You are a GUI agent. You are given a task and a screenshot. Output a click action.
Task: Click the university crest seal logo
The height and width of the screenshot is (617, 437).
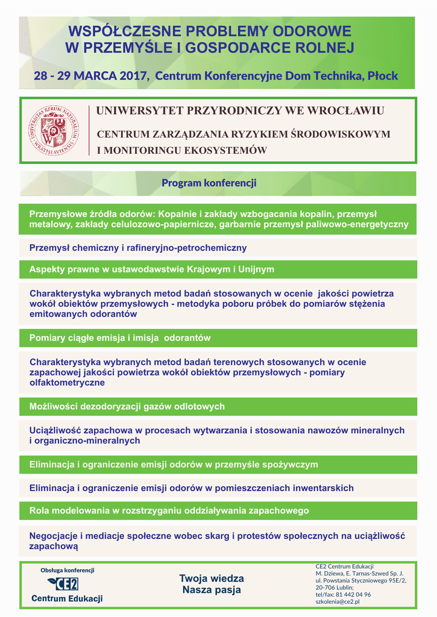click(x=55, y=130)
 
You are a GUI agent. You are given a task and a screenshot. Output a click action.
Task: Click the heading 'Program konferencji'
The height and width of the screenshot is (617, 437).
click(x=209, y=183)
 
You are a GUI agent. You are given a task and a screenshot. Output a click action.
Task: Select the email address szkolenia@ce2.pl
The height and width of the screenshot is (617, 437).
click(x=338, y=601)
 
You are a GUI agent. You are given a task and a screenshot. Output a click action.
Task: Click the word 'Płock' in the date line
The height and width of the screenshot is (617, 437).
click(x=383, y=77)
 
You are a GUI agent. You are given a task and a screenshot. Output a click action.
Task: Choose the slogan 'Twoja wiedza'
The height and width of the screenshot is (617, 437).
click(x=212, y=578)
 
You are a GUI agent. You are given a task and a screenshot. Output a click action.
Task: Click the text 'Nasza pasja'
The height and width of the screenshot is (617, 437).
click(x=212, y=590)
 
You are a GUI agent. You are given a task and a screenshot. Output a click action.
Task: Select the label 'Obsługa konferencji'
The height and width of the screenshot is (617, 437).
click(x=68, y=570)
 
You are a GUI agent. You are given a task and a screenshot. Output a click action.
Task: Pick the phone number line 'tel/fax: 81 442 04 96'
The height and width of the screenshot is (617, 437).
click(x=343, y=594)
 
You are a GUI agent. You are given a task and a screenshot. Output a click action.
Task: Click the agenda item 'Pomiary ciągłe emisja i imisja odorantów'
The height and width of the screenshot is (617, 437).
click(x=120, y=338)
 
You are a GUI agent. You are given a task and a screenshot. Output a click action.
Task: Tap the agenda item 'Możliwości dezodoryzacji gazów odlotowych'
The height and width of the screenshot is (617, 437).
click(x=127, y=407)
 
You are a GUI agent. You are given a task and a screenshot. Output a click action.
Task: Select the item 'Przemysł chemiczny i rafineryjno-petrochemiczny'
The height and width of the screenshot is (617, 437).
click(x=138, y=248)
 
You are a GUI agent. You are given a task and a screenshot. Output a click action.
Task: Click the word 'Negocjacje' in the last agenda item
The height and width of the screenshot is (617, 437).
click(x=53, y=536)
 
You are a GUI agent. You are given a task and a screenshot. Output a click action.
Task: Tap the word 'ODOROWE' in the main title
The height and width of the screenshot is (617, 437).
click(x=312, y=31)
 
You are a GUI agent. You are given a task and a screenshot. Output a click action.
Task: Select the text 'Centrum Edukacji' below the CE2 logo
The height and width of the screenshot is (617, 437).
click(x=67, y=598)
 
